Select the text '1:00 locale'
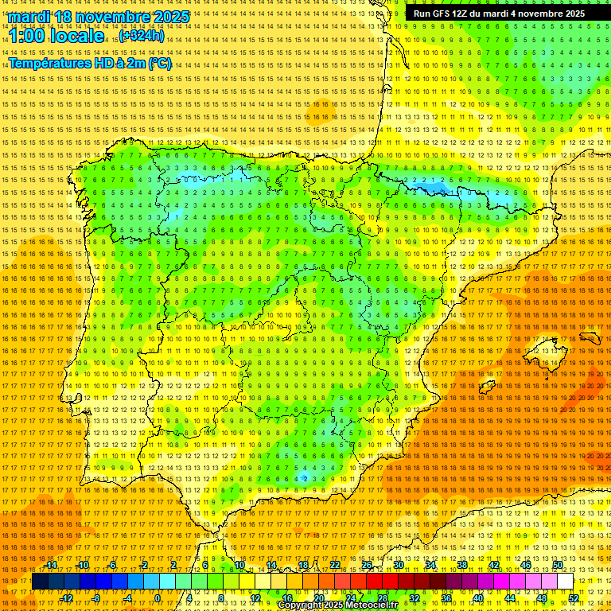pyautogui.click(x=56, y=36)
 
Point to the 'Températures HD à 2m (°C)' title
pyautogui.click(x=89, y=63)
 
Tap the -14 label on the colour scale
pyautogui.click(x=52, y=565)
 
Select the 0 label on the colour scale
pyautogui.click(x=158, y=598)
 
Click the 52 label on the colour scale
pyautogui.click(x=574, y=598)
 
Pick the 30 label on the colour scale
pyautogui.click(x=399, y=565)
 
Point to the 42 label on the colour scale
pyautogui.click(x=494, y=565)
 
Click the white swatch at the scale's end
pyautogui.click(x=566, y=582)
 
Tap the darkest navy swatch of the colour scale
pyautogui.click(x=40, y=582)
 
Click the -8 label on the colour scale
pyautogui.click(x=97, y=598)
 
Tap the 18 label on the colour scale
pyautogui.click(x=302, y=565)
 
